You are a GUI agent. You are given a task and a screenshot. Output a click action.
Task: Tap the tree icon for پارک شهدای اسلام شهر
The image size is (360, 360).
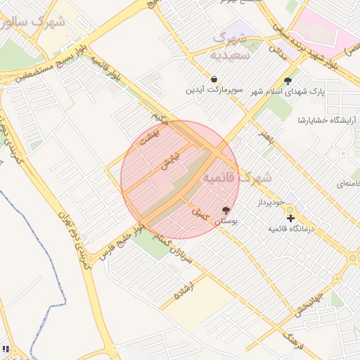(288, 80)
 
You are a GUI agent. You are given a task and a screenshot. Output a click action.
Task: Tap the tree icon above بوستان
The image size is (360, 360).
(226, 210)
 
